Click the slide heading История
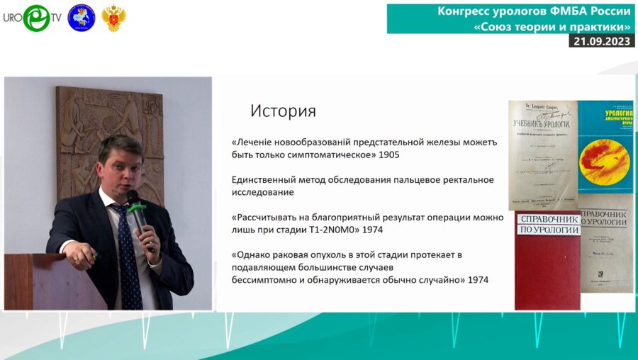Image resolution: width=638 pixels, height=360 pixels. click(x=283, y=111)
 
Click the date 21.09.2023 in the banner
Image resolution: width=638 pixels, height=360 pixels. click(x=598, y=41)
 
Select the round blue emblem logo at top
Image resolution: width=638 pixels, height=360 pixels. click(x=81, y=18)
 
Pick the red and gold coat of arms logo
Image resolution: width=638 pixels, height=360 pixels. click(x=113, y=18)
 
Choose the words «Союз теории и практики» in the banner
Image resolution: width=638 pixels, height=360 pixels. click(x=553, y=26)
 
